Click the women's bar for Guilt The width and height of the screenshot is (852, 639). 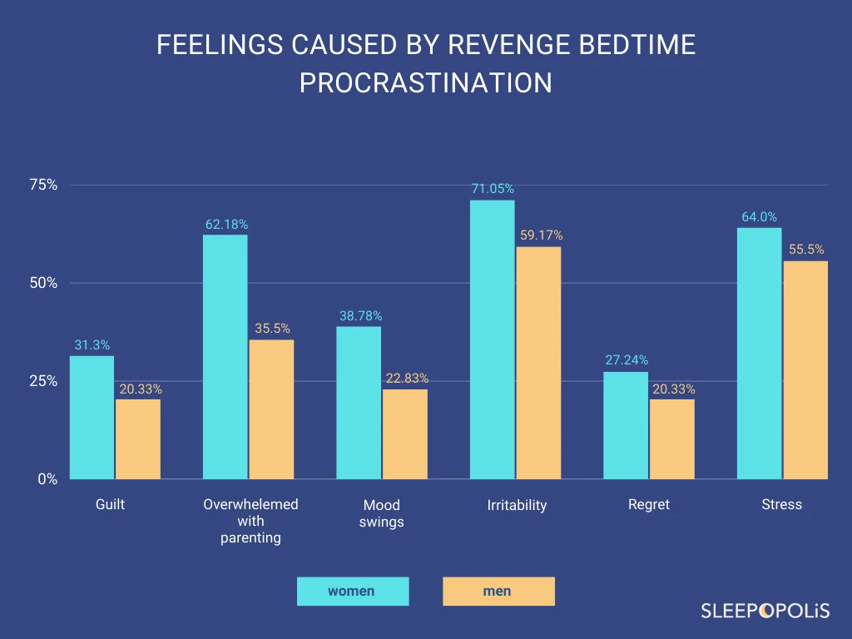92,418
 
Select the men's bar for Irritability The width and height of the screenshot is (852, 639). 538,363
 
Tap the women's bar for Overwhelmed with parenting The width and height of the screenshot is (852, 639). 225,357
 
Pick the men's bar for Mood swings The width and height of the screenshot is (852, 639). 405,434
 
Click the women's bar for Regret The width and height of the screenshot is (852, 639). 626,425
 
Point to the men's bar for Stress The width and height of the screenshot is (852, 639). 805,370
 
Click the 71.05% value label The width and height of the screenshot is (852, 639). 493,189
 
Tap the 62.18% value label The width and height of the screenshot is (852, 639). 226,224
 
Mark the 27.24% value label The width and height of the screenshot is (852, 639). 627,360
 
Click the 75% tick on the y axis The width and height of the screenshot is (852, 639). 43,185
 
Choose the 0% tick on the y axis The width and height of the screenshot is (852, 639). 47,479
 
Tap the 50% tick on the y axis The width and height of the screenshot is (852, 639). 43,283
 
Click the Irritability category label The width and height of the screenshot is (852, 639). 517,505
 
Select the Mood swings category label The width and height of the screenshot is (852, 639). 382,513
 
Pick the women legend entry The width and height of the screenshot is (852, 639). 352,592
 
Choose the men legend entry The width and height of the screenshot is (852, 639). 498,592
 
